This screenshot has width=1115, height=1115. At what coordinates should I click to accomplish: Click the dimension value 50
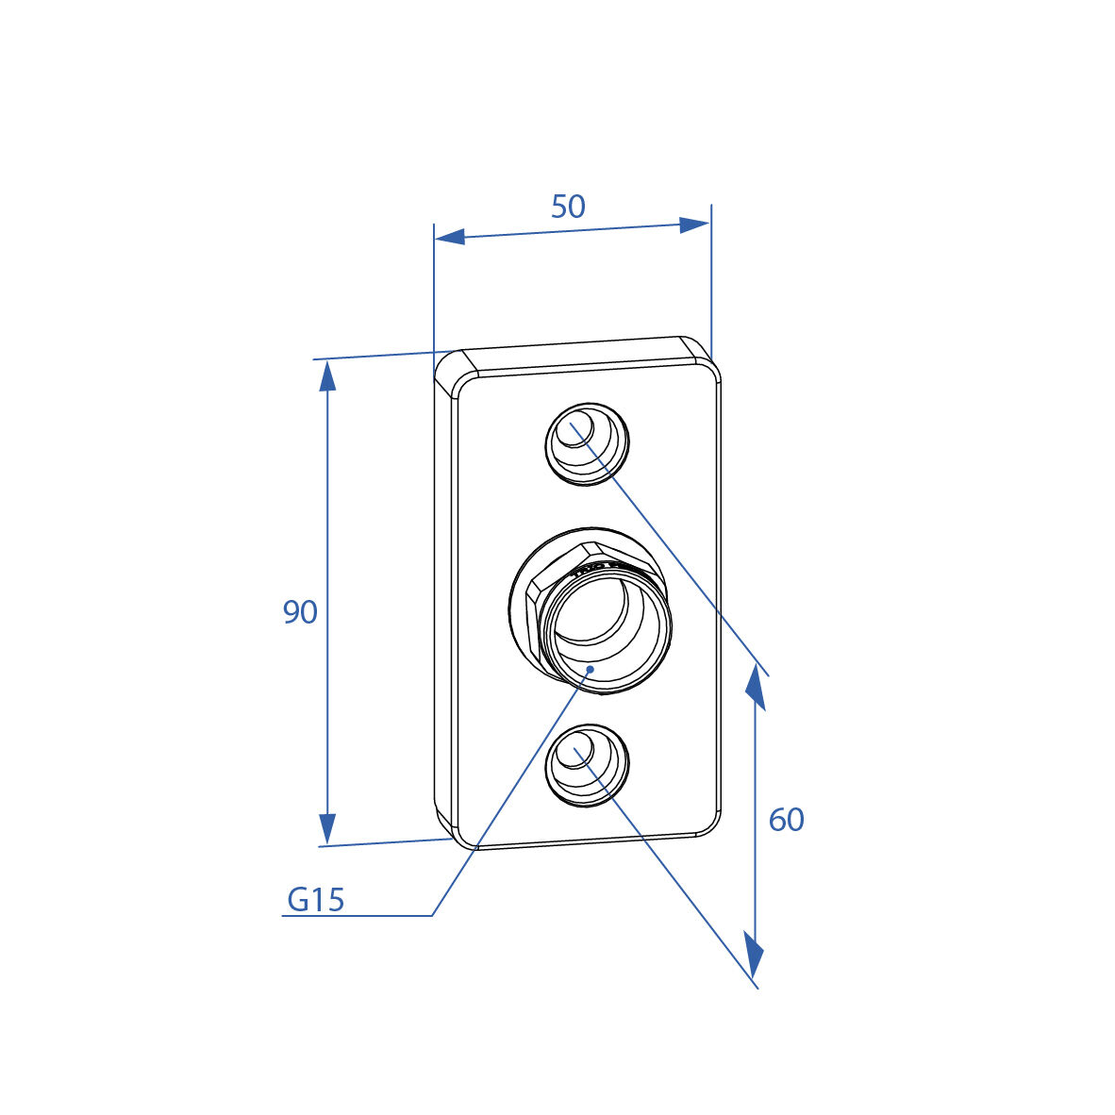point(568,207)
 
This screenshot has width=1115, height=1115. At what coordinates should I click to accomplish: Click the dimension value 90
point(300,612)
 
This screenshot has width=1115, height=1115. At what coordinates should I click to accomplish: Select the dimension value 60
point(787,820)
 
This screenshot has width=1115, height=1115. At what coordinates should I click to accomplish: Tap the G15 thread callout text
point(316,900)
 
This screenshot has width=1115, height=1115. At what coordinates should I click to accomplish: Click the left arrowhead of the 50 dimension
point(449,237)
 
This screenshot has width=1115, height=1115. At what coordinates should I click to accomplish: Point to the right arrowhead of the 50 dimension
point(694,225)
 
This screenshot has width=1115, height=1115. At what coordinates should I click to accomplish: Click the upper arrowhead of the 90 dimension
point(327,375)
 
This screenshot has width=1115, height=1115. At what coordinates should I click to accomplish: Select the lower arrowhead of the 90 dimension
point(327,830)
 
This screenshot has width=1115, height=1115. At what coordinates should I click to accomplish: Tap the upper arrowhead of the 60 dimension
point(756,687)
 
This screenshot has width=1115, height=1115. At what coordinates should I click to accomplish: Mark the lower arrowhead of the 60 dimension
point(754,955)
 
